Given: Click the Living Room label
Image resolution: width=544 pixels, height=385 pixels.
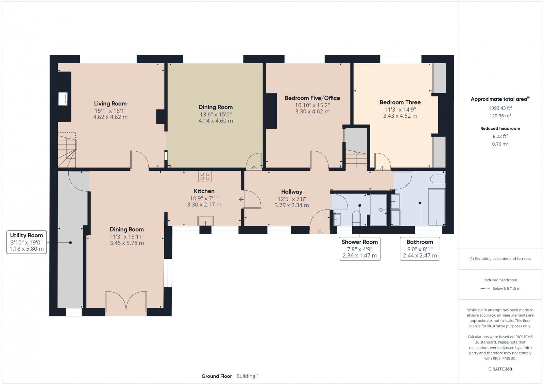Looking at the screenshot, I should pyautogui.click(x=110, y=103).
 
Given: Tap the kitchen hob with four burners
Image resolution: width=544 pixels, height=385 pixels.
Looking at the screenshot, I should pyautogui.click(x=205, y=176).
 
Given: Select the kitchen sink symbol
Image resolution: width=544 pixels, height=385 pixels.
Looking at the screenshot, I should pyautogui.click(x=206, y=221).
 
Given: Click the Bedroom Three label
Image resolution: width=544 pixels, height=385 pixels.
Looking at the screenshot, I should pyautogui.click(x=400, y=102).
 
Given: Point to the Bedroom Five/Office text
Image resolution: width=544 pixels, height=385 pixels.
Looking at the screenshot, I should pyautogui.click(x=312, y=98).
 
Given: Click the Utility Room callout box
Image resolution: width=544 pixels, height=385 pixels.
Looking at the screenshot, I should pyautogui.click(x=27, y=242).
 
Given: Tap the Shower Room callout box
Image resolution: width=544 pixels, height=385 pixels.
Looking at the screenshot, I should pyautogui.click(x=359, y=249).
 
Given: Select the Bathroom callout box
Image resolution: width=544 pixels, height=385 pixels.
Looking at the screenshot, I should pyautogui.click(x=420, y=249).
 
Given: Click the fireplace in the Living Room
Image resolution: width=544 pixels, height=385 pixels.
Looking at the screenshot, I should pyautogui.click(x=63, y=99).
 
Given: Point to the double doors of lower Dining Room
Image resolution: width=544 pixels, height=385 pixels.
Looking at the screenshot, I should pyautogui.click(x=126, y=302).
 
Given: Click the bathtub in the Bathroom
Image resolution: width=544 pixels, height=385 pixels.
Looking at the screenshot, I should pyautogui.click(x=437, y=207).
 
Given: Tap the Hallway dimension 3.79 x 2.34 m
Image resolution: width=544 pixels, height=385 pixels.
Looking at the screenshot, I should pyautogui.click(x=292, y=205).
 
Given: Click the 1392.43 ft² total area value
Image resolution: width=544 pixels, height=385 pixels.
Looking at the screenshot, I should pyautogui.click(x=500, y=108).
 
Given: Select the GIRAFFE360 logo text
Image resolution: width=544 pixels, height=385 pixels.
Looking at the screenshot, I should pyautogui.click(x=500, y=369).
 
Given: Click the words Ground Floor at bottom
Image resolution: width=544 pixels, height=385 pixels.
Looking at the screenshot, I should pyautogui.click(x=217, y=376).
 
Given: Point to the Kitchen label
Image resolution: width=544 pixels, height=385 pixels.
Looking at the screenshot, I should pyautogui.click(x=204, y=191).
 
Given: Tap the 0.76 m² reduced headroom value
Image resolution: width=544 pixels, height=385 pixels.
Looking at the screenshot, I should pyautogui.click(x=500, y=144).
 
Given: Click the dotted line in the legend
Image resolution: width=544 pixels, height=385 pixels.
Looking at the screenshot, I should pyautogui.click(x=485, y=288).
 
